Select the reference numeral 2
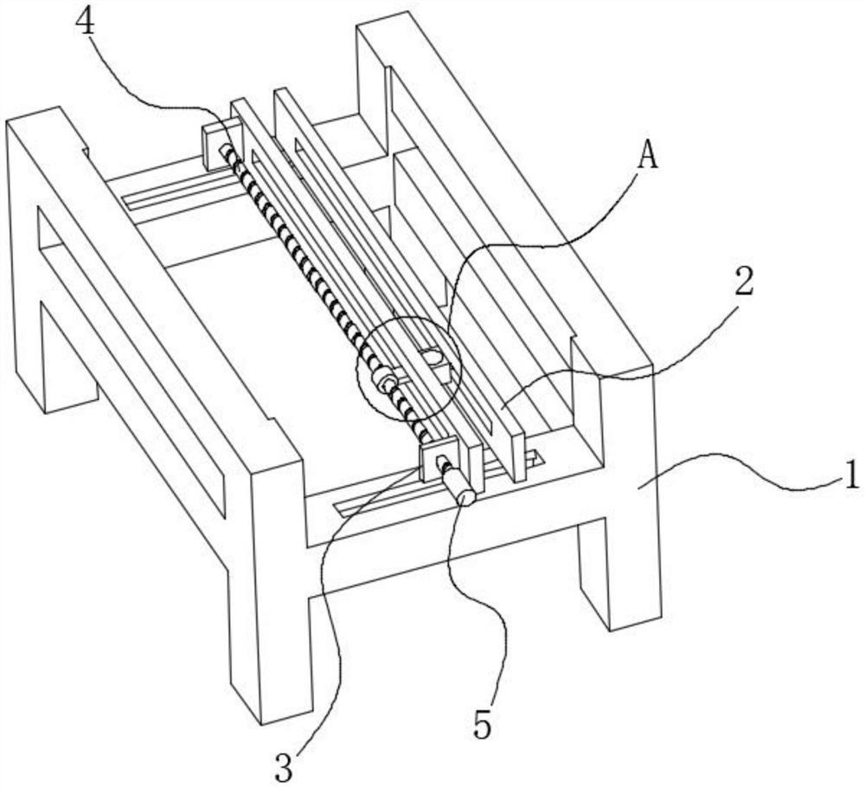tap(741, 282)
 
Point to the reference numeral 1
tap(852, 474)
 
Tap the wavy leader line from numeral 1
tap(740, 469)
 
